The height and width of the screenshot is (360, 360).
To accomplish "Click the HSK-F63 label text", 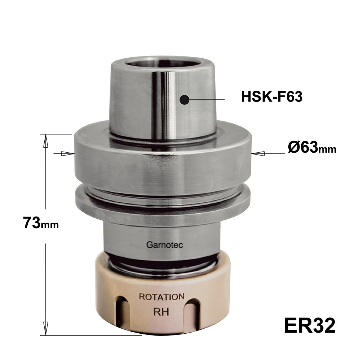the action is click(x=271, y=96).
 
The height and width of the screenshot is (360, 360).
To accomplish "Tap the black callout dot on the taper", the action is click(x=185, y=100).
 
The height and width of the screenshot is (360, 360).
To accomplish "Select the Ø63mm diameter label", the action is click(x=312, y=147).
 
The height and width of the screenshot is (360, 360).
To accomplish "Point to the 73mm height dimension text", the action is click(x=41, y=223).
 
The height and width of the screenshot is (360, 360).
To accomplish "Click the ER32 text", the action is click(x=310, y=325).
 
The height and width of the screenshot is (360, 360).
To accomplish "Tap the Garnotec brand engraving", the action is click(x=165, y=245).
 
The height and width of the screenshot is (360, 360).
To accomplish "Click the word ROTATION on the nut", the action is click(x=162, y=297).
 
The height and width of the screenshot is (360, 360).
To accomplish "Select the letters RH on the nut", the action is click(x=161, y=312).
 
